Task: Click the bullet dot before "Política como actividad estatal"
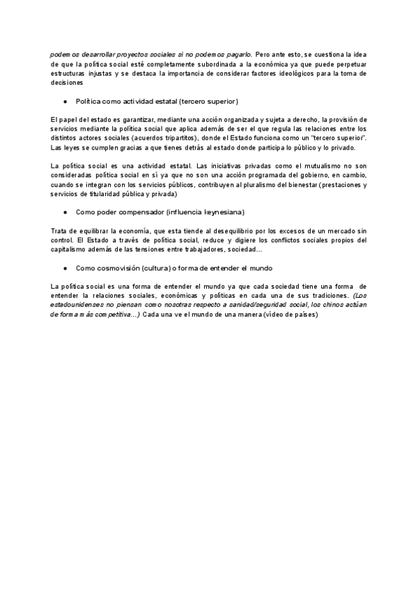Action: [x=65, y=101]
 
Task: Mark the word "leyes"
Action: [x=72, y=148]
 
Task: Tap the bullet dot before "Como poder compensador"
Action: [x=65, y=212]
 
